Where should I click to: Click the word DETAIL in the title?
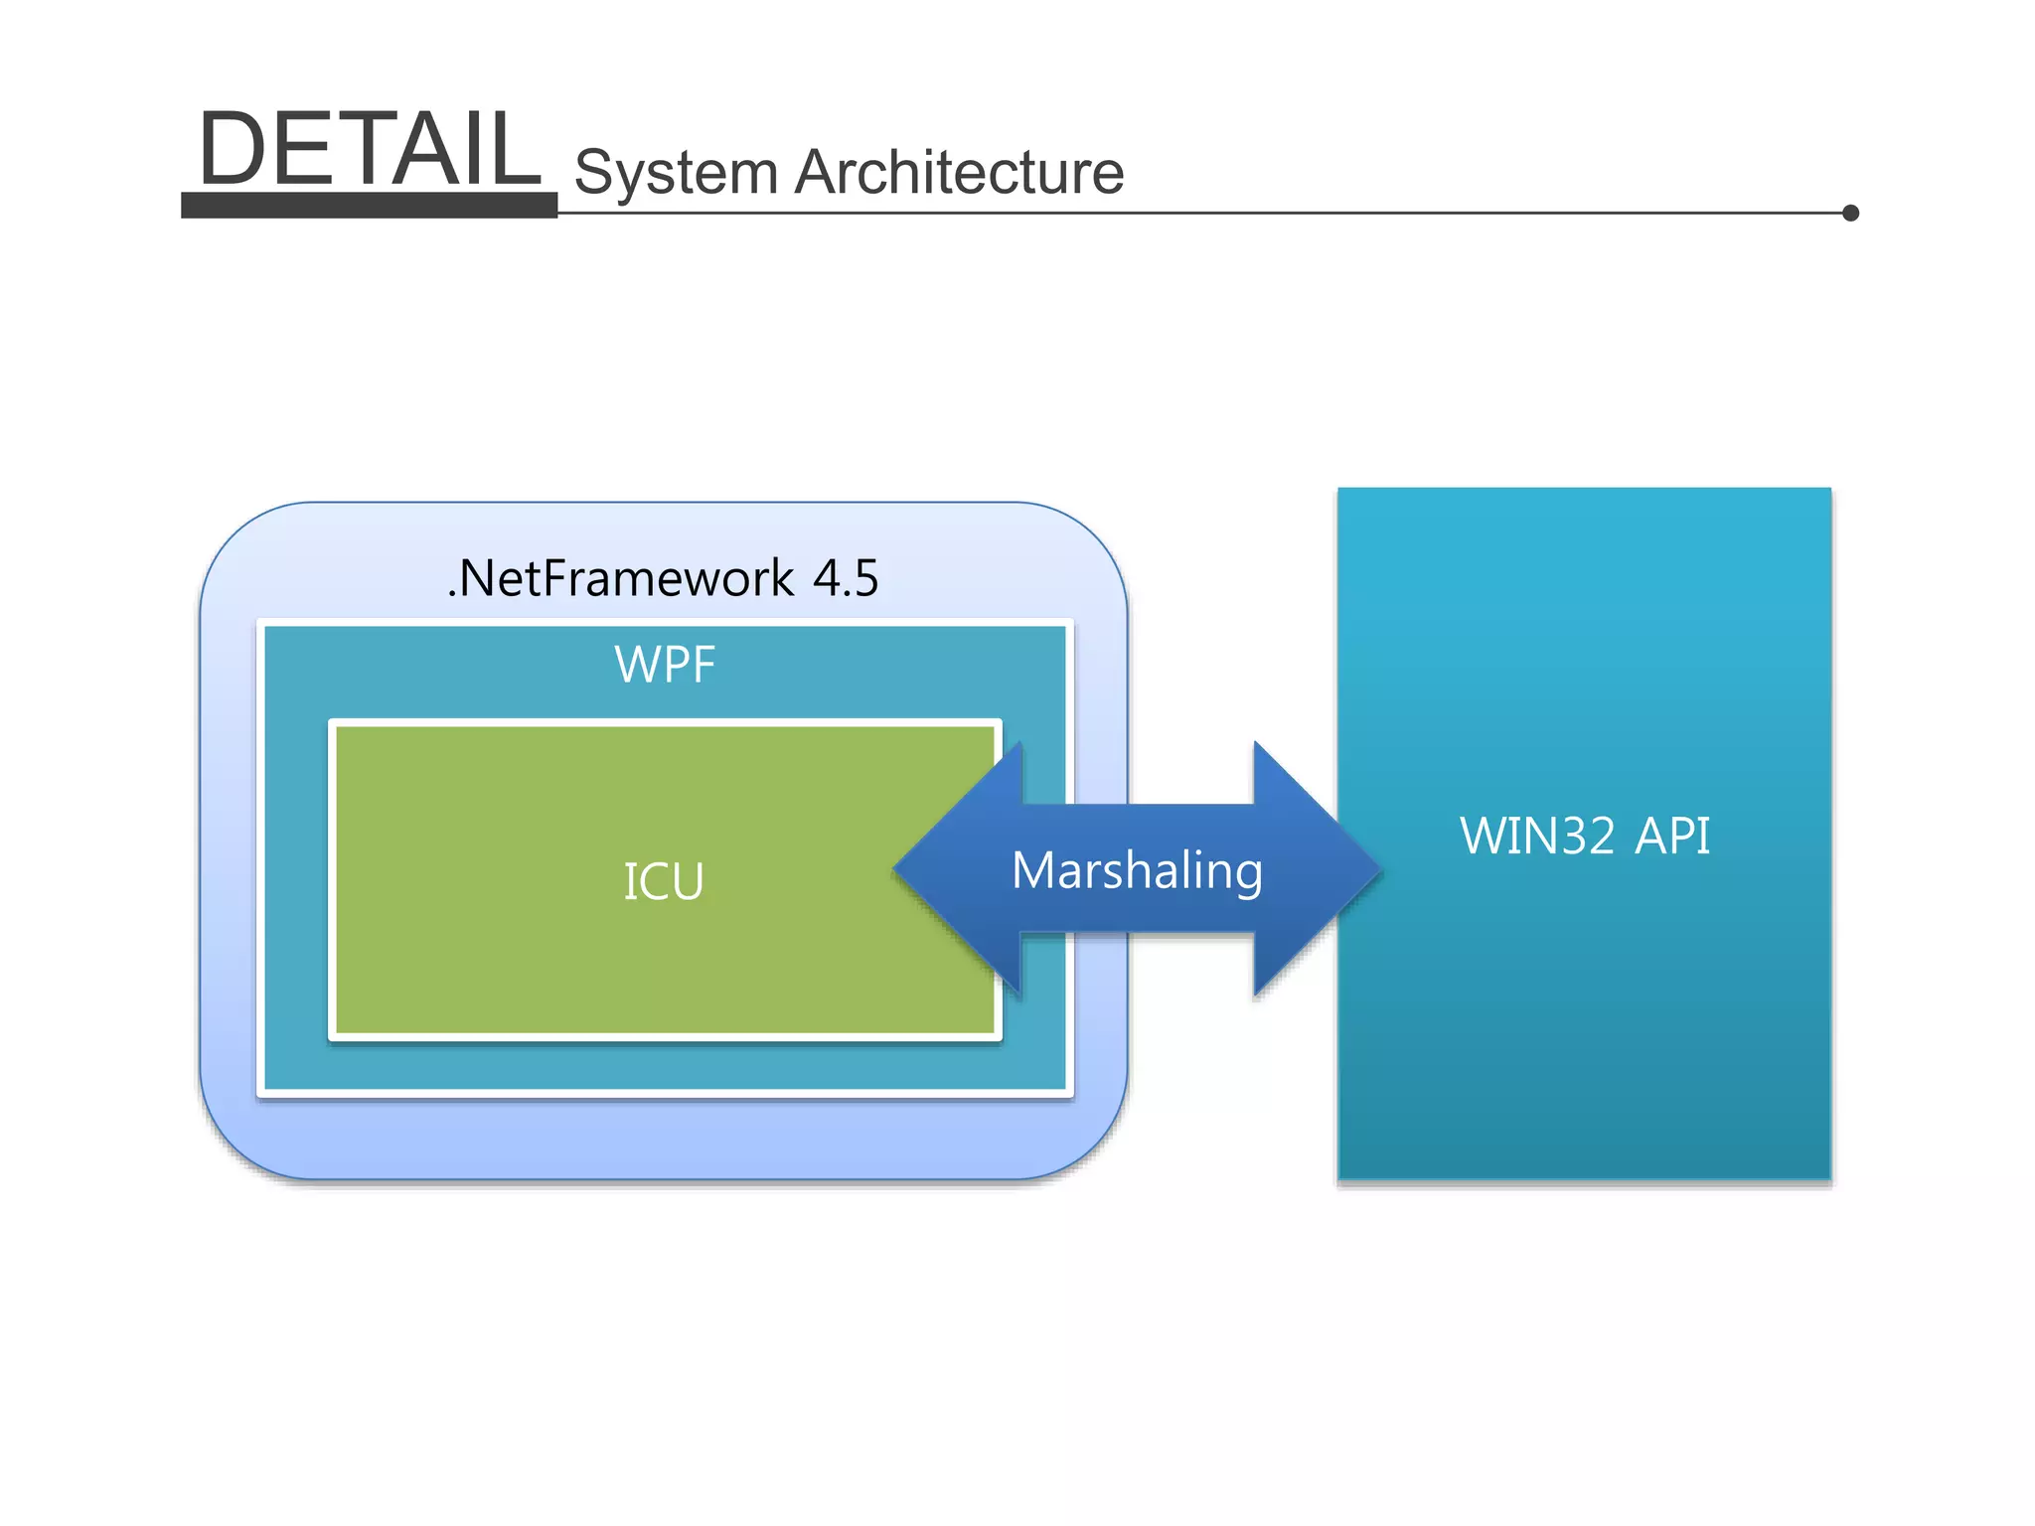[x=369, y=149]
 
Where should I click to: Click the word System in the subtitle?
[x=676, y=173]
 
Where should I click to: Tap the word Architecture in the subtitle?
[x=959, y=173]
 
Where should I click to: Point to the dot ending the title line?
[x=1850, y=213]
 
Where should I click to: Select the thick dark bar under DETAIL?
[x=369, y=205]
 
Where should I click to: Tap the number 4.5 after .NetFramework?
[x=846, y=578]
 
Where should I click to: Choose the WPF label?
[x=665, y=665]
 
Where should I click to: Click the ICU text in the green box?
[x=664, y=881]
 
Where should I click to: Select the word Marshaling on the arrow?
[x=1137, y=871]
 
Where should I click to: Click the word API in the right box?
[x=1672, y=836]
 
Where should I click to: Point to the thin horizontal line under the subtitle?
[x=1192, y=213]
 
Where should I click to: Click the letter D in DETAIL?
[x=232, y=149]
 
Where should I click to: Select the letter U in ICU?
[x=687, y=881]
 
